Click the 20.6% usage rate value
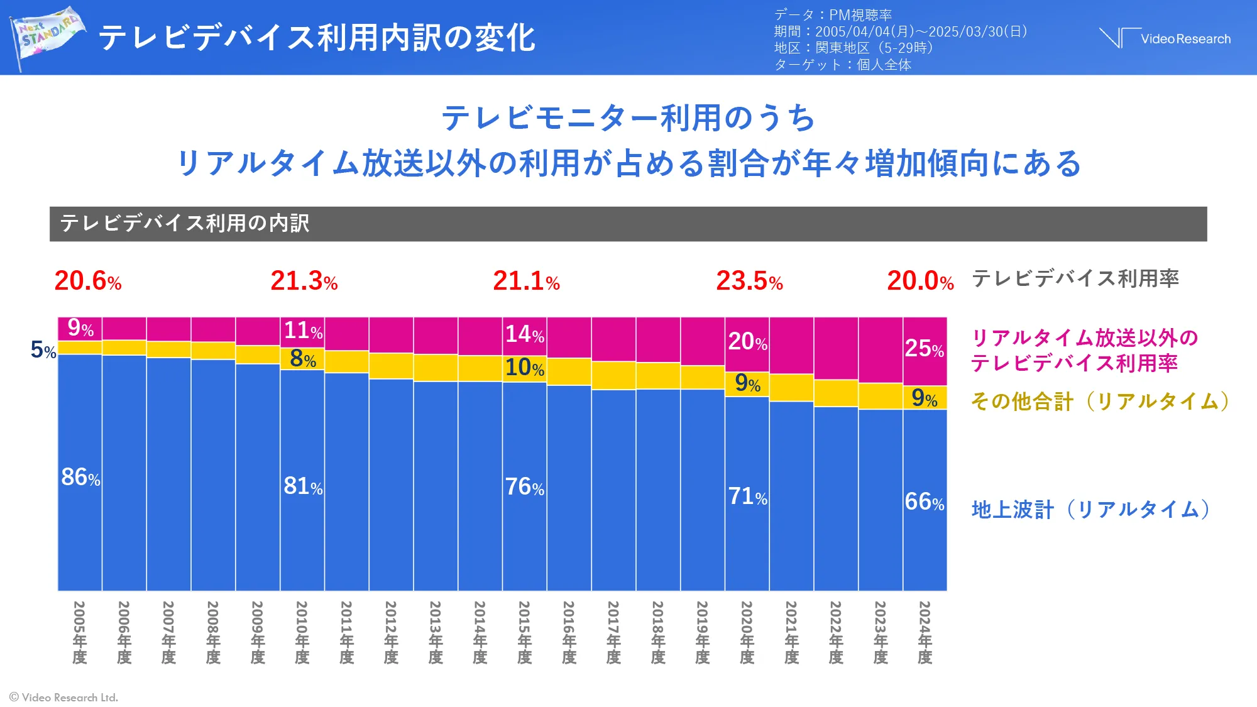(x=87, y=281)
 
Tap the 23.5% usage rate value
(x=749, y=281)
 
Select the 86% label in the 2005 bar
(x=80, y=478)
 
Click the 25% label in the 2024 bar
(x=924, y=348)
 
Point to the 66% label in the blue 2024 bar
(x=924, y=501)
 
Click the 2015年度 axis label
(x=524, y=632)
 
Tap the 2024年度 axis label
(x=925, y=632)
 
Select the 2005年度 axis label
(x=79, y=632)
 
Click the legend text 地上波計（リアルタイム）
(x=1090, y=509)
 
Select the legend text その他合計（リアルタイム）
(x=1100, y=401)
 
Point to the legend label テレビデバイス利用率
(x=1075, y=278)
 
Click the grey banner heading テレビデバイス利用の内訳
(x=185, y=223)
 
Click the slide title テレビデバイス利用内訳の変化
(x=317, y=38)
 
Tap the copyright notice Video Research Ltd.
(x=64, y=697)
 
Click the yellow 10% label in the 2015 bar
(x=524, y=368)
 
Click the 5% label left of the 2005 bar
(x=43, y=350)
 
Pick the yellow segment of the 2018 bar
(x=658, y=376)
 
